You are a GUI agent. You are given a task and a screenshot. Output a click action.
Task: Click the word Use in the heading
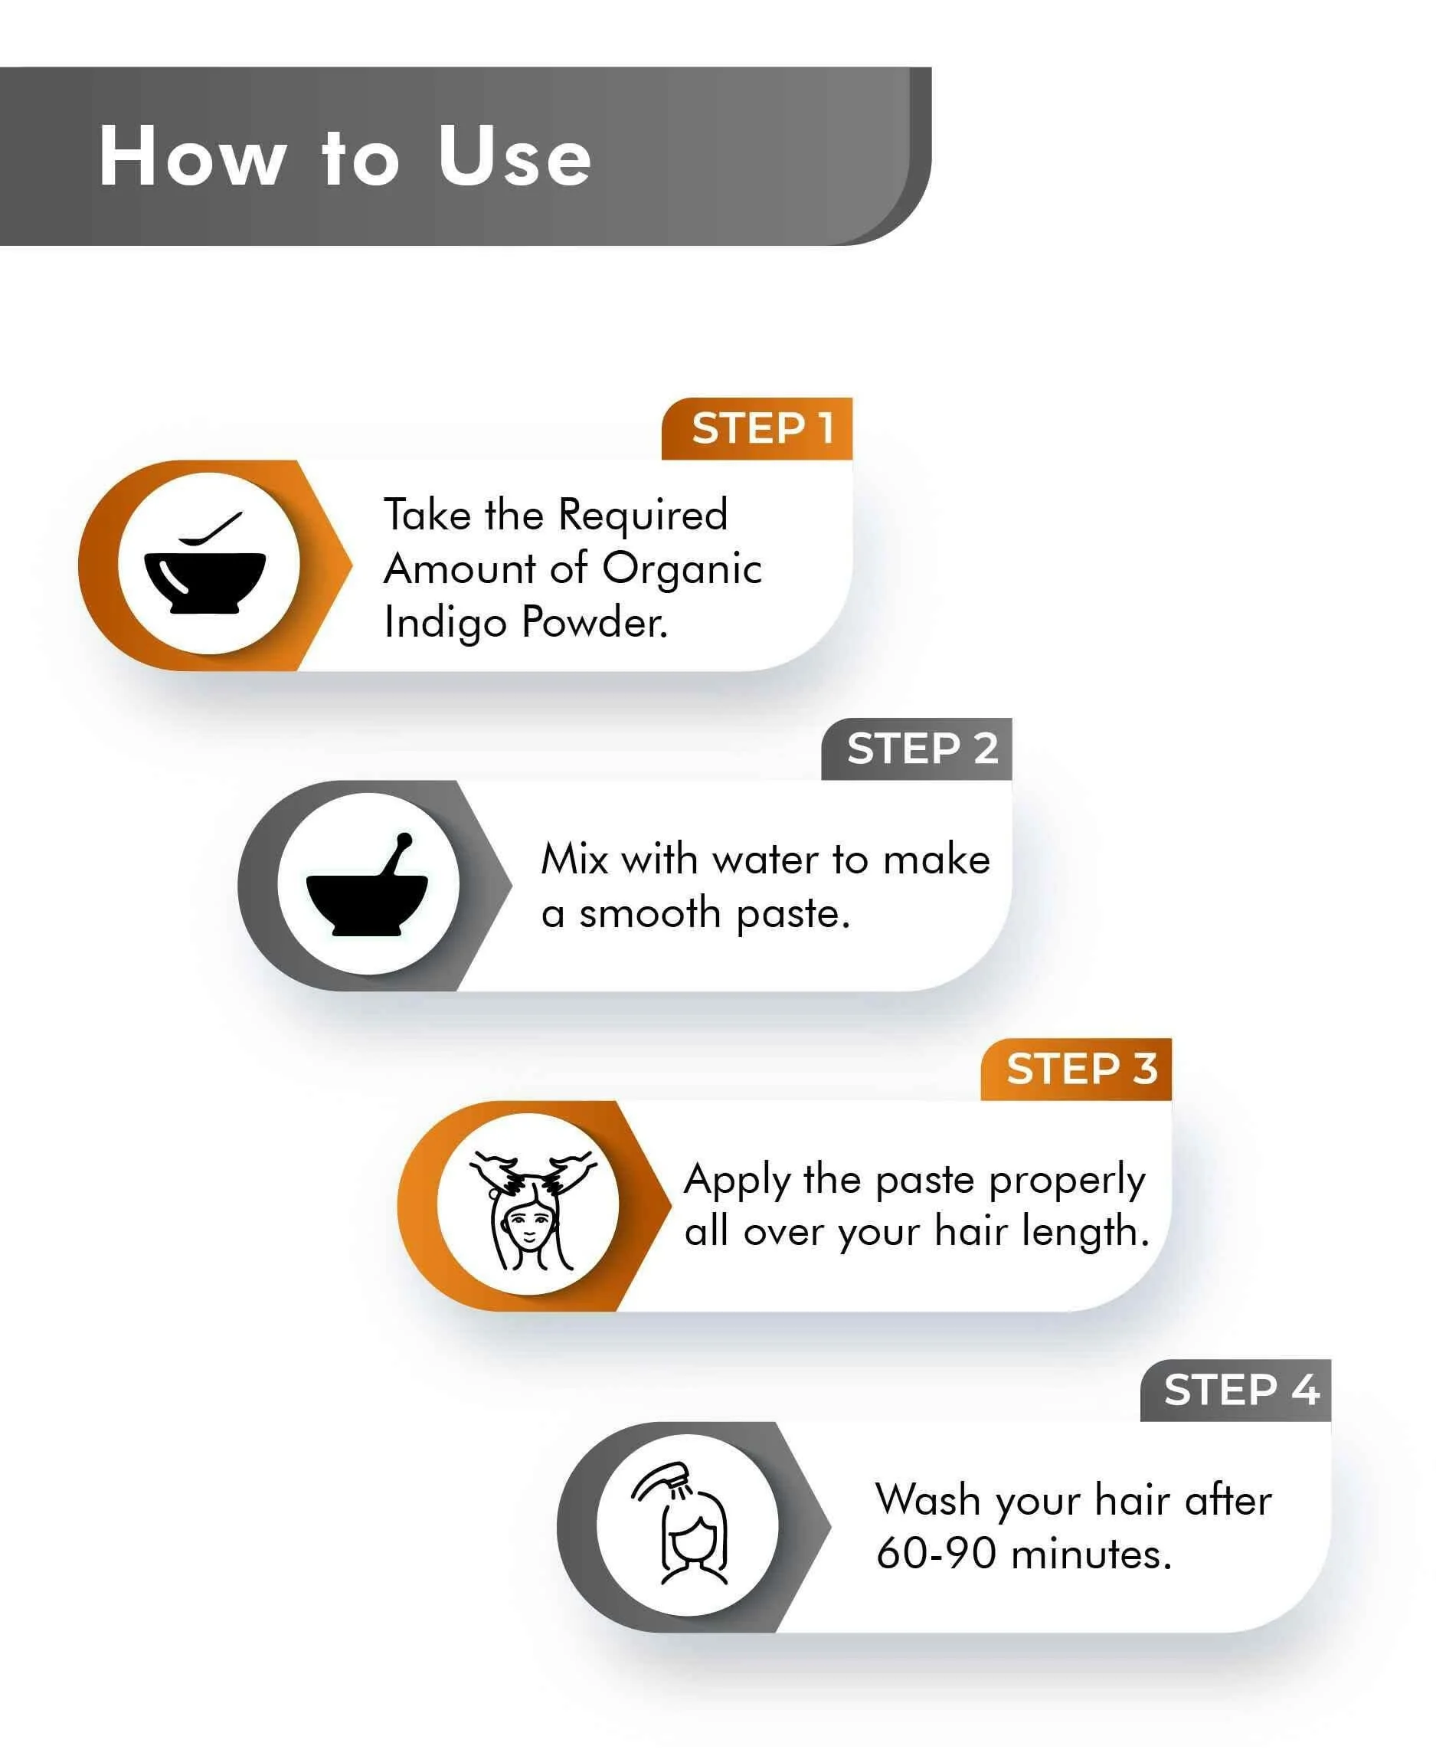[x=515, y=156]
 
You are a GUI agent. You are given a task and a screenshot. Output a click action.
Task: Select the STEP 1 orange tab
[x=757, y=428]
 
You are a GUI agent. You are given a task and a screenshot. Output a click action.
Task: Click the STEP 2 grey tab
[x=917, y=749]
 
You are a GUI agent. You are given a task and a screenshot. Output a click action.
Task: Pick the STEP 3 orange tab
[x=1076, y=1070]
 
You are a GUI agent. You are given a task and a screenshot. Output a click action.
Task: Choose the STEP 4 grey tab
[x=1236, y=1391]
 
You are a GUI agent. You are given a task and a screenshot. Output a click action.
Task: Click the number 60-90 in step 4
[x=937, y=1553]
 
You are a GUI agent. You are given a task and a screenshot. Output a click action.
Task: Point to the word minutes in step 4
[x=1091, y=1553]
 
